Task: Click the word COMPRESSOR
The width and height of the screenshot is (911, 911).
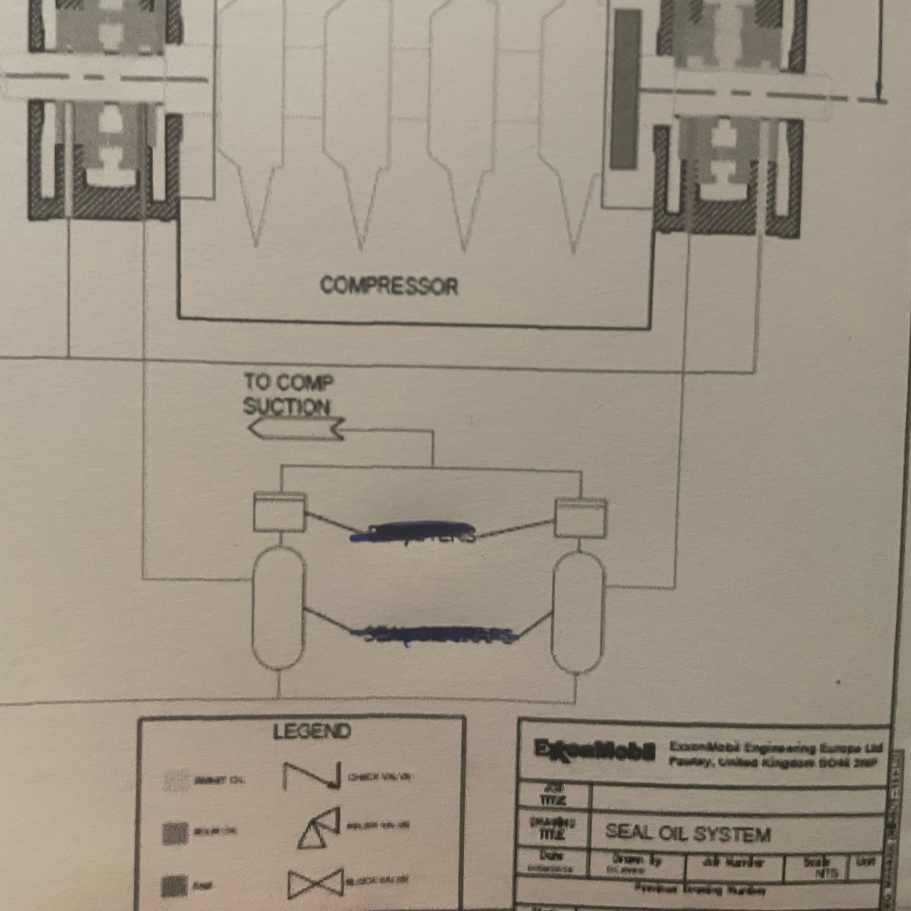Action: click(x=389, y=285)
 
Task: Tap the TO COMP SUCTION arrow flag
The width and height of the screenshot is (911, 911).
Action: click(x=295, y=429)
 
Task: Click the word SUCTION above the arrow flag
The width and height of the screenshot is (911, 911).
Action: click(x=287, y=406)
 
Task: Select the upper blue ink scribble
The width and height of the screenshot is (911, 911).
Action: click(x=414, y=532)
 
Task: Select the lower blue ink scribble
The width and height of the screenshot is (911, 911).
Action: click(x=434, y=634)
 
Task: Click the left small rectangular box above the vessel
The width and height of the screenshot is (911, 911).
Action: click(x=279, y=511)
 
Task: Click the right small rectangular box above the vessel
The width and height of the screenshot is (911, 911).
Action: click(x=580, y=518)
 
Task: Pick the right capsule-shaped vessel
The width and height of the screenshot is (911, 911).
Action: click(x=578, y=613)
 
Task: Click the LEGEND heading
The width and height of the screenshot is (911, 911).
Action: click(x=311, y=732)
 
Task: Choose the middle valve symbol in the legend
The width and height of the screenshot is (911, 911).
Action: click(x=319, y=828)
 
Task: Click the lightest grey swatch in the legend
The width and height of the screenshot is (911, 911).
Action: click(x=176, y=781)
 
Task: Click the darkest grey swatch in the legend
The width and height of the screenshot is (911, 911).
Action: click(x=174, y=886)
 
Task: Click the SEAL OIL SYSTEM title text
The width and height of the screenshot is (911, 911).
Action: click(x=688, y=834)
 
